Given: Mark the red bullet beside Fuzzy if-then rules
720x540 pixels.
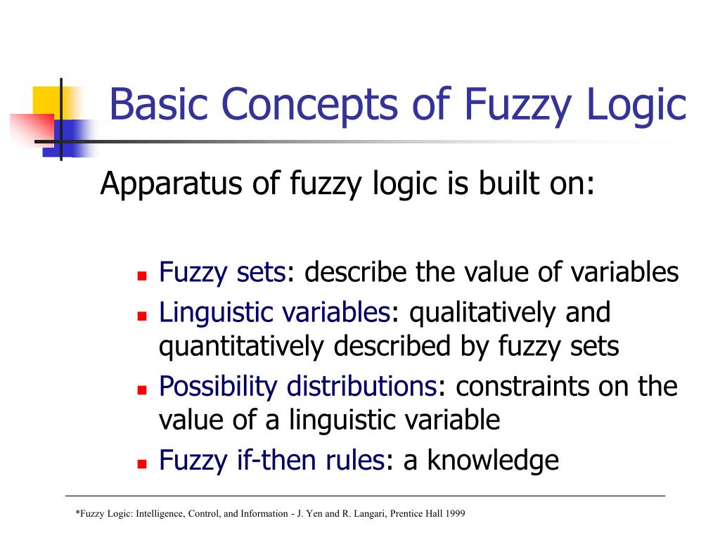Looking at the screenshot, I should click(141, 464).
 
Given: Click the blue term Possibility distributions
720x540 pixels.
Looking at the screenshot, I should click(298, 387).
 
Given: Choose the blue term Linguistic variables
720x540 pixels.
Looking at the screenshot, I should click(274, 312).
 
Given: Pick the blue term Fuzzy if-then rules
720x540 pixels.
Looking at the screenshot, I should click(271, 461).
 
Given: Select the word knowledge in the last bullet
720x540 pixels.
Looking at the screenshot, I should click(492, 461).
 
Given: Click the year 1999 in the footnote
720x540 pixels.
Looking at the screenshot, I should click(454, 514).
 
